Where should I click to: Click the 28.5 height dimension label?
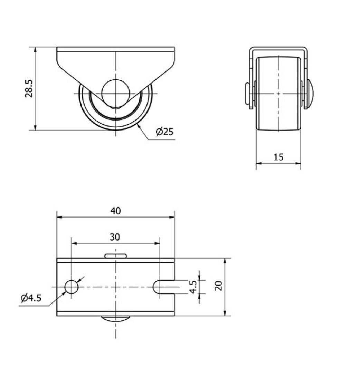(x=29, y=88)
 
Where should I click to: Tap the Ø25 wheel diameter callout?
(x=164, y=132)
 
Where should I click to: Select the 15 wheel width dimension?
(x=278, y=157)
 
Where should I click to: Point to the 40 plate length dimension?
(x=115, y=211)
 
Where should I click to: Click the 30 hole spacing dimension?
(x=115, y=237)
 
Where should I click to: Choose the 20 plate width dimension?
(x=219, y=286)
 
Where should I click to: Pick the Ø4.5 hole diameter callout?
(x=31, y=298)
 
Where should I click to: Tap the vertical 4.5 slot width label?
(x=193, y=287)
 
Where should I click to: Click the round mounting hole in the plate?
(x=71, y=287)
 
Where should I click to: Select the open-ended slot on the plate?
(x=163, y=287)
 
